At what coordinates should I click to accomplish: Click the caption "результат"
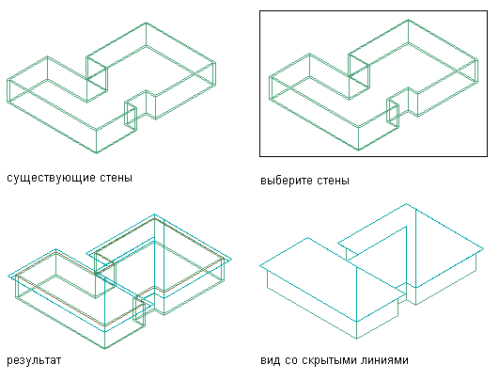pos(34,360)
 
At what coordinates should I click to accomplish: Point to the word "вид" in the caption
pos(271,360)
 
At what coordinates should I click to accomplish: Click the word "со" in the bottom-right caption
pos(291,360)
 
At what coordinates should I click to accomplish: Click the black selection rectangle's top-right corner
pos(487,11)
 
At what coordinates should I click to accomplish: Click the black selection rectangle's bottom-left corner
pos(260,156)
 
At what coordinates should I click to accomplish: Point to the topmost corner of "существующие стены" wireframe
pos(146,23)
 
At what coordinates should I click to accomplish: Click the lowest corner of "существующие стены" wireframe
pos(97,153)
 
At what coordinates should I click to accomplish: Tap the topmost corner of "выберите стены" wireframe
pos(408,20)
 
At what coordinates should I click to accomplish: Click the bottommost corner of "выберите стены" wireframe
pos(359,150)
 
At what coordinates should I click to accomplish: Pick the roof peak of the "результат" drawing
pos(155,214)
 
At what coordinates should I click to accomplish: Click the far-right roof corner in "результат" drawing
pos(232,260)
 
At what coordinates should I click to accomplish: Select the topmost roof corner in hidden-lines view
pos(406,203)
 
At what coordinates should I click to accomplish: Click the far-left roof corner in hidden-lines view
pos(260,265)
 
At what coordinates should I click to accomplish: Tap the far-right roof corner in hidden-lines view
pos(484,248)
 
